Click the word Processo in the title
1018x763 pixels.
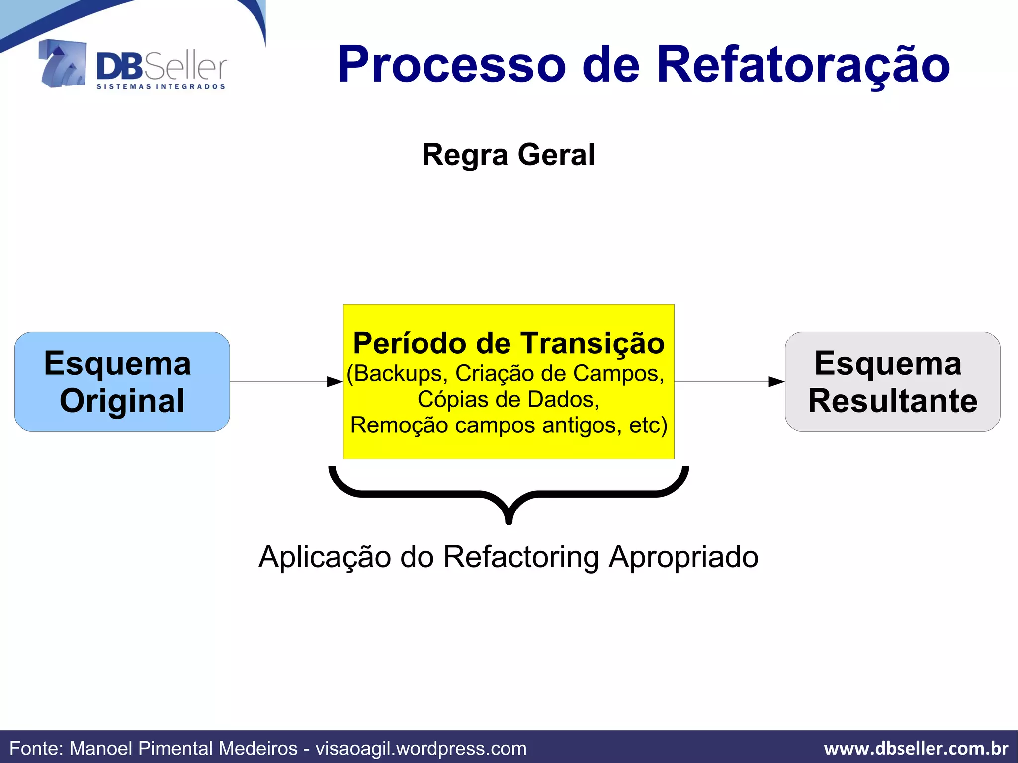tap(451, 65)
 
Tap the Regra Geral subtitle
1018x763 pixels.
tap(508, 155)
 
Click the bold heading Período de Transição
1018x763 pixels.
tap(509, 343)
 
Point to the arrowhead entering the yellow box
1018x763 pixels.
tap(335, 382)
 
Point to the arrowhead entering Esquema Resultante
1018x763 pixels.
tap(776, 382)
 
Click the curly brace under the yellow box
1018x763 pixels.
tap(509, 494)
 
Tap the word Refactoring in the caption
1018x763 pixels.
tap(521, 557)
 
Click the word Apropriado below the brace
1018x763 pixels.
tap(683, 557)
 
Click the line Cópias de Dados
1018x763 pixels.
tap(509, 400)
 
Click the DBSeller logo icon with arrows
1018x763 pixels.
tap(63, 64)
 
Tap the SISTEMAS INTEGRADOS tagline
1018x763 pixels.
tap(161, 87)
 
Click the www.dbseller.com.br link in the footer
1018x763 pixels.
tap(916, 748)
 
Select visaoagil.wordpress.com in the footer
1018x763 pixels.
tap(421, 748)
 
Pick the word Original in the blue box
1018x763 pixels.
tap(122, 401)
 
